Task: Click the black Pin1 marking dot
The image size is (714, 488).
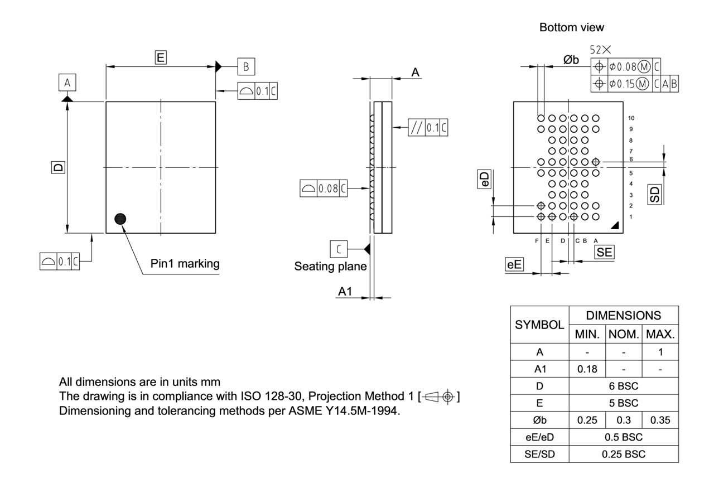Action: pyautogui.click(x=120, y=219)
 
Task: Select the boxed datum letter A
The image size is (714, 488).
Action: pyautogui.click(x=67, y=83)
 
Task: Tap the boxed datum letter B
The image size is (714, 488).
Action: pyautogui.click(x=246, y=66)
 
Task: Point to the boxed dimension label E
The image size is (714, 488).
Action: pyautogui.click(x=161, y=57)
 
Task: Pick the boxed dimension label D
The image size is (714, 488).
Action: pyautogui.click(x=57, y=167)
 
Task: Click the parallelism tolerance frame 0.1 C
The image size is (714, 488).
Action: pyautogui.click(x=428, y=128)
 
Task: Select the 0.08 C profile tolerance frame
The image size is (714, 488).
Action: pyautogui.click(x=324, y=189)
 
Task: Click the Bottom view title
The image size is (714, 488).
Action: pyautogui.click(x=572, y=27)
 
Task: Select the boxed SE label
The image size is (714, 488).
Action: pyautogui.click(x=604, y=252)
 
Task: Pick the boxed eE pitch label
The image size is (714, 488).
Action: pyautogui.click(x=514, y=265)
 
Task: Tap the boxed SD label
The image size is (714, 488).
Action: pyautogui.click(x=654, y=194)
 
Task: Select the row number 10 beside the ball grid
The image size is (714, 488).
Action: pyautogui.click(x=631, y=118)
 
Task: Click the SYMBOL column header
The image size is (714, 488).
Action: pyautogui.click(x=539, y=324)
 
